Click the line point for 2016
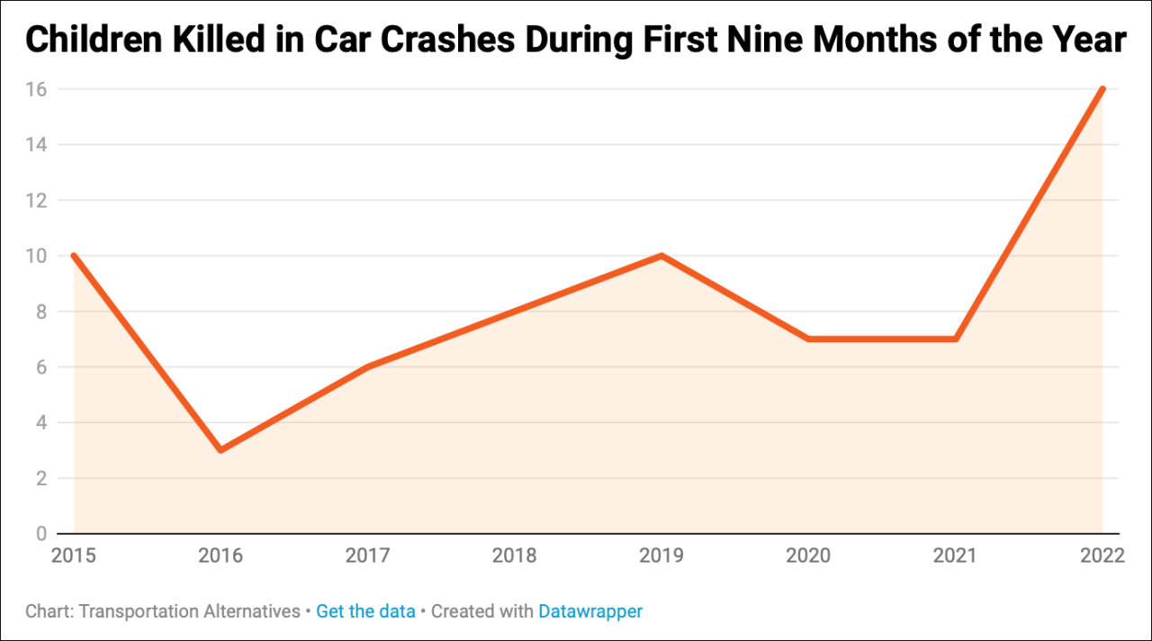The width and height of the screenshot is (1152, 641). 220,450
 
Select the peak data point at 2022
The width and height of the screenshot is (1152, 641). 1102,89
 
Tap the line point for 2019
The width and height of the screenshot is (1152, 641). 661,256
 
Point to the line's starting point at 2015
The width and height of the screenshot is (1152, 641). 74,256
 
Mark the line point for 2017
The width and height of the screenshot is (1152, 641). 367,366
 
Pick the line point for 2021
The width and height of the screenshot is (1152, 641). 955,339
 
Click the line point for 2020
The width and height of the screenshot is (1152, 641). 808,339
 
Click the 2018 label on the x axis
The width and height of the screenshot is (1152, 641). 514,555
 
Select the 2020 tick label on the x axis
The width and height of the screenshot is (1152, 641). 808,555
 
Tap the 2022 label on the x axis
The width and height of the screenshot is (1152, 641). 1102,555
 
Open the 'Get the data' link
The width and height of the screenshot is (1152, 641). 365,611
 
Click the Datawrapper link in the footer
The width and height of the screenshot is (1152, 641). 590,611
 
